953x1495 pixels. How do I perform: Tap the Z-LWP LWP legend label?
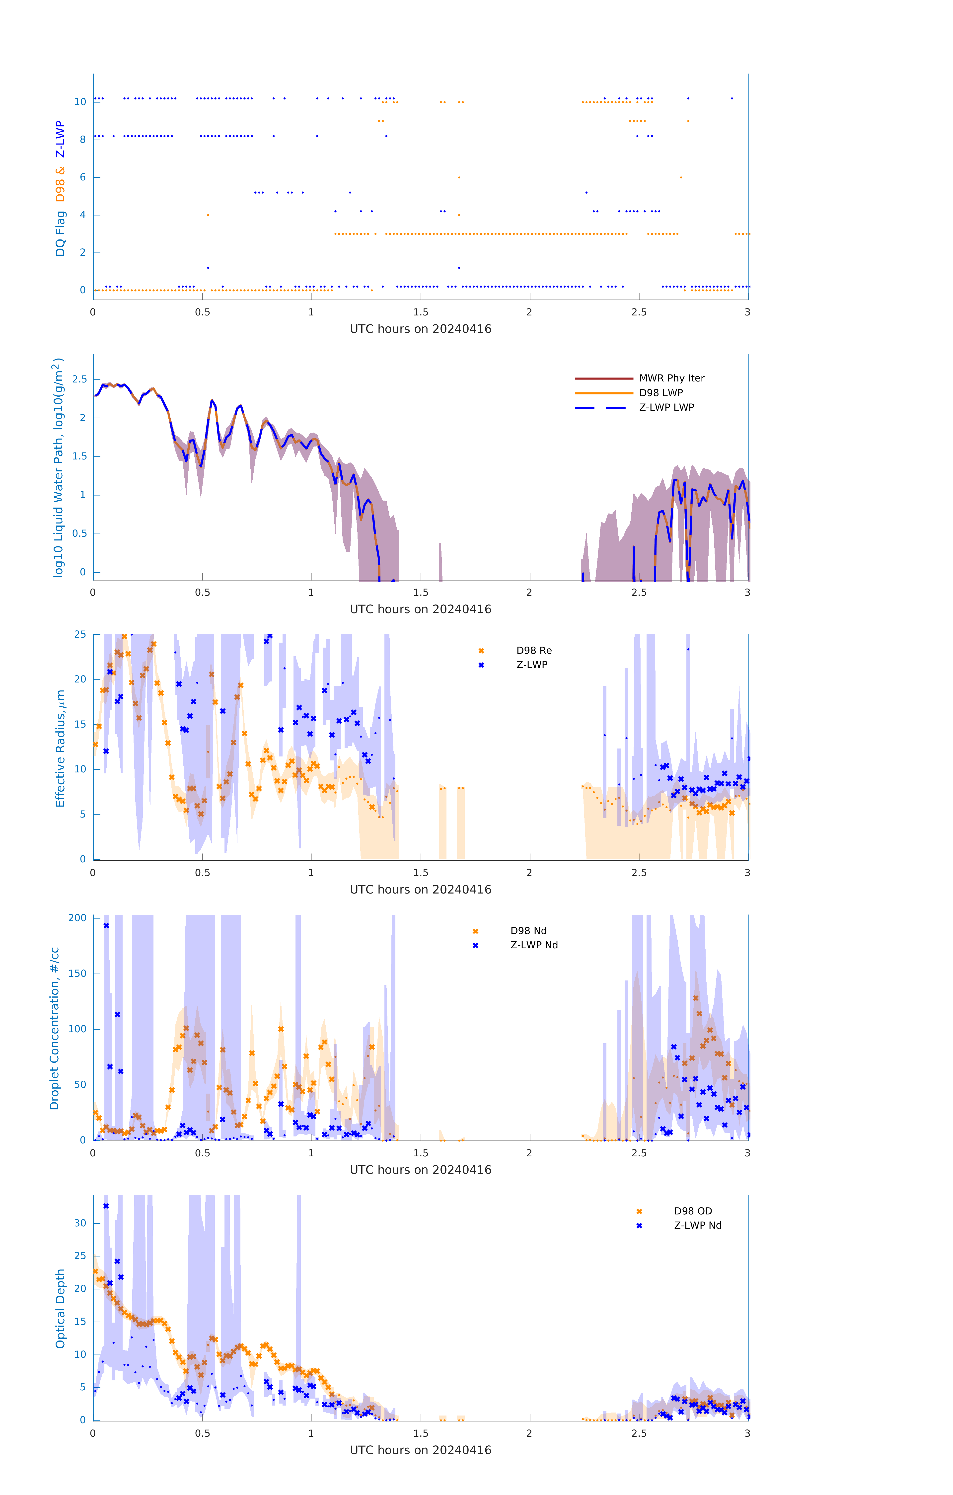666,407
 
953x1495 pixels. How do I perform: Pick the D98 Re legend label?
533,651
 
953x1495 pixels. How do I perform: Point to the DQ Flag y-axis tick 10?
80,102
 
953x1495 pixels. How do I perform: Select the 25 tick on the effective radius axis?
80,635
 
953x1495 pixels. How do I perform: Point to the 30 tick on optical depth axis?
80,1223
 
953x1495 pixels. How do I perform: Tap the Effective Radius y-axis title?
60,748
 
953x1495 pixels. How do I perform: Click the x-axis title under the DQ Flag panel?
420,329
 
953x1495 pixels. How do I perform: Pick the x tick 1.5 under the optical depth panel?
420,1433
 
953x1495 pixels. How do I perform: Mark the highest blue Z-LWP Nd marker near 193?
106,926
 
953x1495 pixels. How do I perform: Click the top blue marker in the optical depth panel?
106,1206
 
